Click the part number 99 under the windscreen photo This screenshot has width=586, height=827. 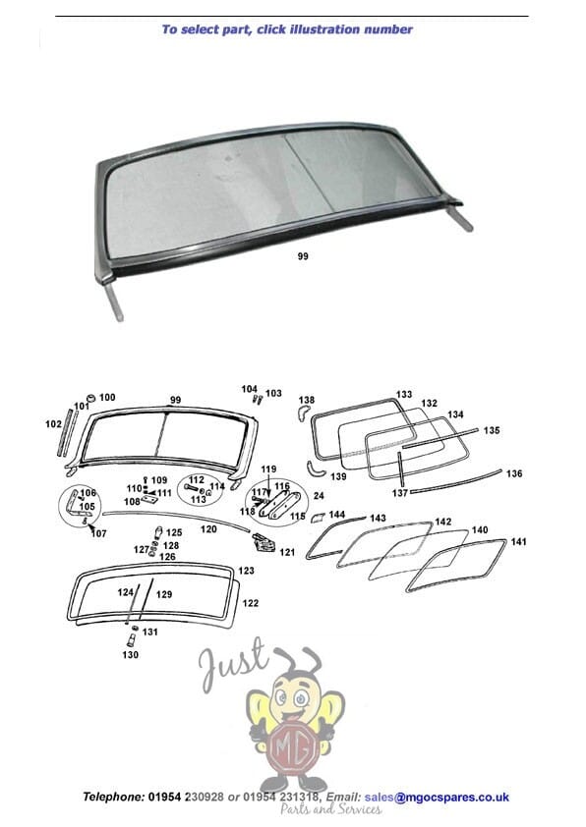[x=303, y=256]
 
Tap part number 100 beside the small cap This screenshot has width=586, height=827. [x=107, y=397]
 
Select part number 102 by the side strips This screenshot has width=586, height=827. [x=53, y=423]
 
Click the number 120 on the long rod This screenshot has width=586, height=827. [x=208, y=529]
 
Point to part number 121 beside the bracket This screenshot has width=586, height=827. [x=287, y=552]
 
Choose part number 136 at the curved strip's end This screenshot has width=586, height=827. [x=514, y=473]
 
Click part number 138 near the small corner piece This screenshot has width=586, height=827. [x=307, y=400]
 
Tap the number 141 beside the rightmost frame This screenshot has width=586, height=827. [x=519, y=541]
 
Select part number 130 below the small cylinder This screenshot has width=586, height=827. [x=131, y=655]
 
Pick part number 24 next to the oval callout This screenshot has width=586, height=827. [x=319, y=496]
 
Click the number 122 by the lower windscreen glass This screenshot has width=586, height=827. [x=251, y=603]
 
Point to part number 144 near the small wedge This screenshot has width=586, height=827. [x=337, y=515]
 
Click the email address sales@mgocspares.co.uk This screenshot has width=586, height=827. [x=437, y=797]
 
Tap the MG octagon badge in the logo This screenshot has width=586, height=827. [x=293, y=746]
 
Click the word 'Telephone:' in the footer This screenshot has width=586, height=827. [x=112, y=797]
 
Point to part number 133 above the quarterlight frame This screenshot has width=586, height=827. [x=404, y=394]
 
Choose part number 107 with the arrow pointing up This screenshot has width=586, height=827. [x=98, y=533]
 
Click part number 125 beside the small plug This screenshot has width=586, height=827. [x=174, y=532]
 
